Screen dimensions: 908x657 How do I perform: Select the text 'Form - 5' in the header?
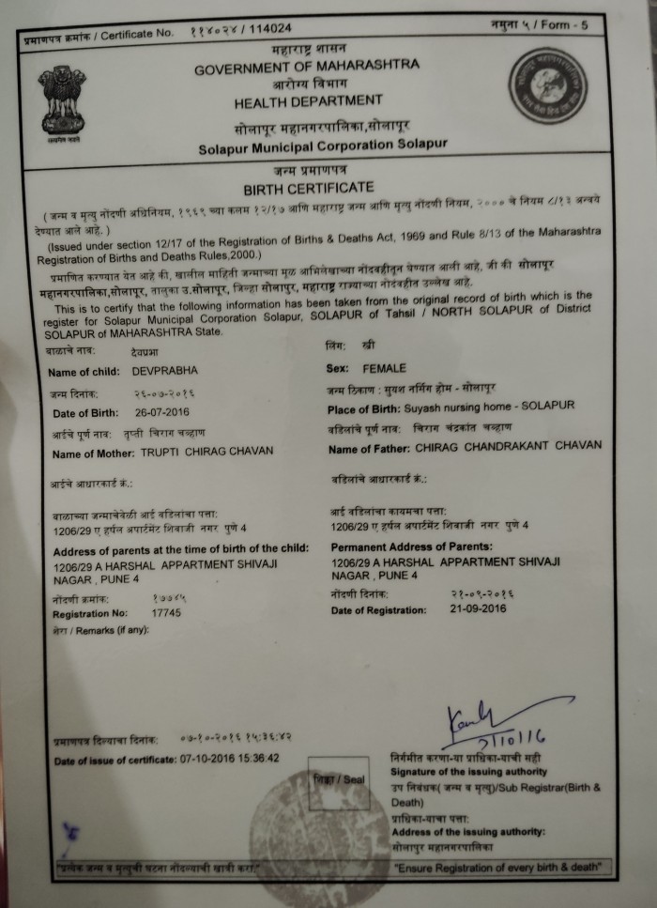point(564,24)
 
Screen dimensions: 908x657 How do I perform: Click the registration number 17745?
point(167,612)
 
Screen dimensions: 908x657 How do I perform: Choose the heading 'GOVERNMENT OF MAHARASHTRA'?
point(307,69)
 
